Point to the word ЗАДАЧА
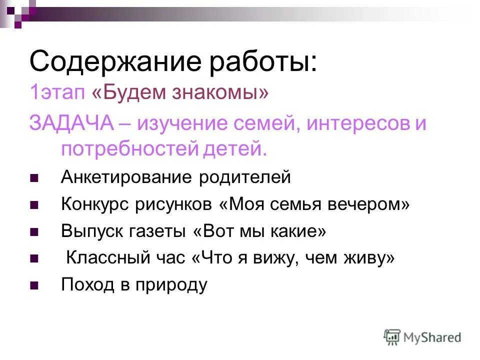tap(72, 123)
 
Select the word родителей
tap(242, 177)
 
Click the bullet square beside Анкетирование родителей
tap(34, 178)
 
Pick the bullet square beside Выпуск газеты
tap(34, 232)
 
